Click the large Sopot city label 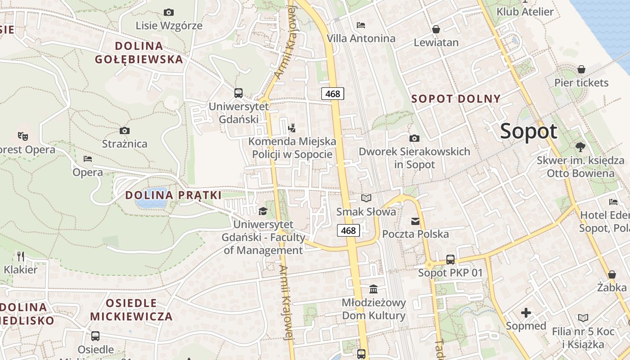click(528, 131)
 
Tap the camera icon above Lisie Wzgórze click(169, 12)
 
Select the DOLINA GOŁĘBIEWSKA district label click(139, 52)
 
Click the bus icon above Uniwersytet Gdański click(238, 93)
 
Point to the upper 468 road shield click(333, 94)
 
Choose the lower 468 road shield click(348, 230)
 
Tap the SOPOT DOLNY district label click(456, 99)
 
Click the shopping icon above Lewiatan click(436, 29)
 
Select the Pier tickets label click(581, 83)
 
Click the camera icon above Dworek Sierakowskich click(414, 138)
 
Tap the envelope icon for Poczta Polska click(415, 221)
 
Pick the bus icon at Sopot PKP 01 click(450, 259)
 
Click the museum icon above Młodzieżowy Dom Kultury click(373, 289)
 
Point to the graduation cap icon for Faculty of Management click(263, 211)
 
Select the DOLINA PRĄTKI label click(173, 195)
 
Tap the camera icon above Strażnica click(125, 131)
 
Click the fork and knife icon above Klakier click(20, 256)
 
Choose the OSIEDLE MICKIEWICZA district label click(131, 309)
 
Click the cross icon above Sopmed click(526, 313)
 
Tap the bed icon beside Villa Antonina click(361, 25)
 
